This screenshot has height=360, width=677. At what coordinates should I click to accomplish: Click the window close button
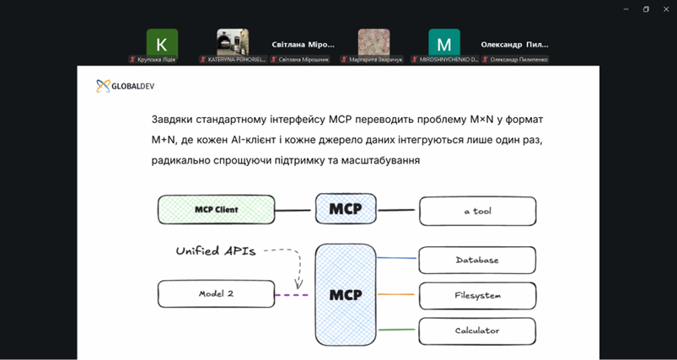(x=666, y=9)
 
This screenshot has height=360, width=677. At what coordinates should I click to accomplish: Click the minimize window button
(x=626, y=9)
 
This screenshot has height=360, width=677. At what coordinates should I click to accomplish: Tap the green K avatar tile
(x=162, y=44)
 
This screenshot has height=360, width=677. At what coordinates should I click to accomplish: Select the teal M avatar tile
(x=443, y=44)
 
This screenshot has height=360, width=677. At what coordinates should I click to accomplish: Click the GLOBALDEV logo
(x=125, y=85)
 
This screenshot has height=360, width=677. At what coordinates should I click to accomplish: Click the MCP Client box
(x=216, y=210)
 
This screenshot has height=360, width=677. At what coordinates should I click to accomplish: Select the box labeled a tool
(x=477, y=211)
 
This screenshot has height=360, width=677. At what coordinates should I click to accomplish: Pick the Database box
(x=477, y=261)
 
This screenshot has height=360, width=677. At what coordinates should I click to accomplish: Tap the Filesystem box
(x=477, y=296)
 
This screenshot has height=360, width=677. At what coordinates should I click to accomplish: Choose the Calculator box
(x=477, y=331)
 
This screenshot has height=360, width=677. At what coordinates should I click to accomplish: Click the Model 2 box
(x=216, y=294)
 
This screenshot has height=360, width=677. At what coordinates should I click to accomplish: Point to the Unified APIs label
(x=215, y=250)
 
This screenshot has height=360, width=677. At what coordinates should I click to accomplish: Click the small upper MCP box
(x=346, y=209)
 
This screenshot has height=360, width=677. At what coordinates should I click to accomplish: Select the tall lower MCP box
(x=346, y=294)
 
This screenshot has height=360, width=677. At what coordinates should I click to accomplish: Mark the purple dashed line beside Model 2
(x=292, y=294)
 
